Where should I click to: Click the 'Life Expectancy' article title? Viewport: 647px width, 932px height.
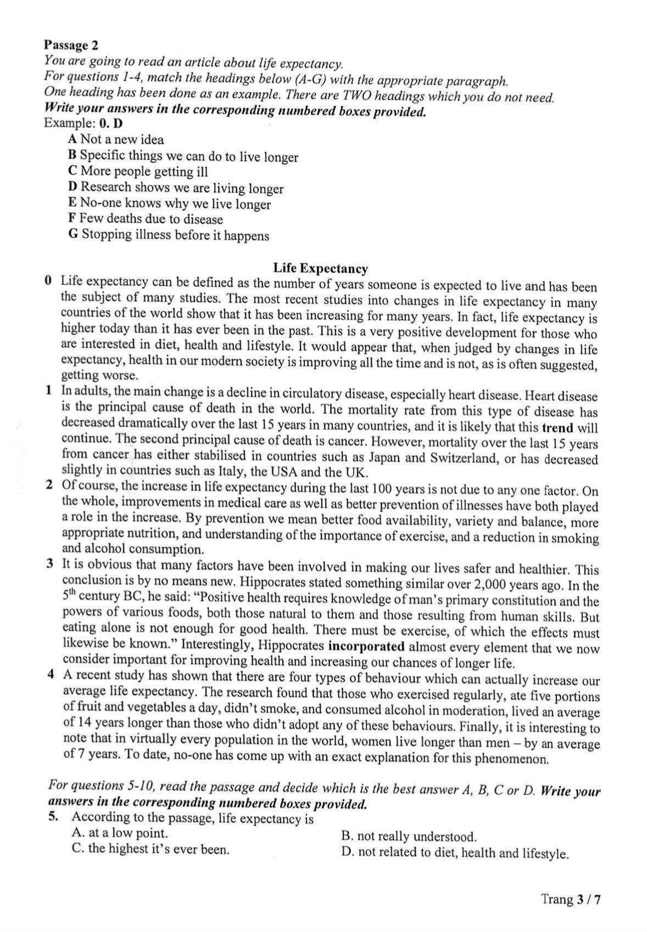click(321, 269)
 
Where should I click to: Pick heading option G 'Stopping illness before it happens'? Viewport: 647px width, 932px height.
click(169, 235)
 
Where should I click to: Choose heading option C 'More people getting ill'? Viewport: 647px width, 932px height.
click(138, 171)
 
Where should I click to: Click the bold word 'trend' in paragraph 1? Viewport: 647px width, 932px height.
click(557, 428)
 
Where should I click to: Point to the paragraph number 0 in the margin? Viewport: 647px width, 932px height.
click(49, 281)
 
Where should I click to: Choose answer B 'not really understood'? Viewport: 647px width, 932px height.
click(409, 837)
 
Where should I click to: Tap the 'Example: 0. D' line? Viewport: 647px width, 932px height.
click(83, 123)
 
